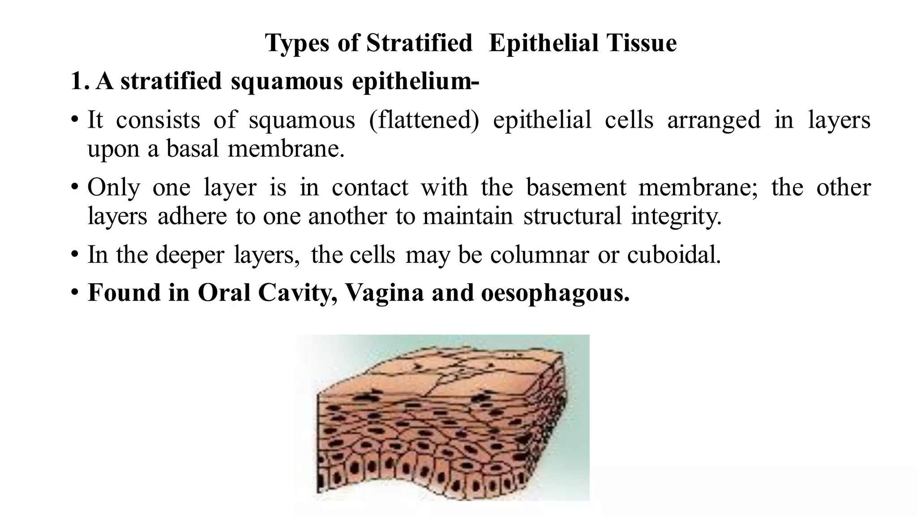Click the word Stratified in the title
click(x=419, y=43)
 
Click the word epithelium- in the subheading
click(x=415, y=82)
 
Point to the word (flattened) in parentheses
click(x=424, y=120)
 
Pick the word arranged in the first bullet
click(x=714, y=120)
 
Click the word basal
click(x=193, y=149)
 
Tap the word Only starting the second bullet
click(x=113, y=187)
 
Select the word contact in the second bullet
click(x=370, y=187)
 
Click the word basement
click(x=576, y=187)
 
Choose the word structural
click(x=572, y=216)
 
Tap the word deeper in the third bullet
click(x=189, y=255)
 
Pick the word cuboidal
click(x=674, y=255)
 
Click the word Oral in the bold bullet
click(x=224, y=293)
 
